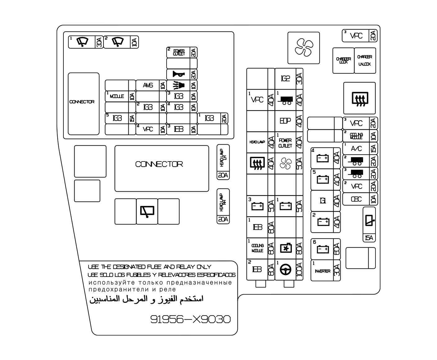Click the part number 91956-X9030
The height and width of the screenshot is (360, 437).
191,319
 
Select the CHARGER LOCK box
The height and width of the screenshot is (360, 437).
343,60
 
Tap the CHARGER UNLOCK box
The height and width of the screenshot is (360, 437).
365,60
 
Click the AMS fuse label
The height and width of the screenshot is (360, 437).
148,86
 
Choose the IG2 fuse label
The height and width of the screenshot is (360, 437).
285,79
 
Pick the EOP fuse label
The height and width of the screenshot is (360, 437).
285,121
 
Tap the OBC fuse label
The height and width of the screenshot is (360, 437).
356,199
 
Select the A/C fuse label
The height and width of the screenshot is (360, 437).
356,149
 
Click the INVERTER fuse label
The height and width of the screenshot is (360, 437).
322,271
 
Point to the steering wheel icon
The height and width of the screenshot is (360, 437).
285,270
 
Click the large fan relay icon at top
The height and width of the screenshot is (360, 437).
303,48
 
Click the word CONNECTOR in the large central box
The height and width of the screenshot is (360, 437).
159,164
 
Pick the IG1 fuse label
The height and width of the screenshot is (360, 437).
323,201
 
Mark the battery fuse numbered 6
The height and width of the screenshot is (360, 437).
322,249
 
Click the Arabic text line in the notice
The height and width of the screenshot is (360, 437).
146,299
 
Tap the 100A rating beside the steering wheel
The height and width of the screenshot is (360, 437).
299,270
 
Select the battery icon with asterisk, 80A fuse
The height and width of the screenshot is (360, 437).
286,248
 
